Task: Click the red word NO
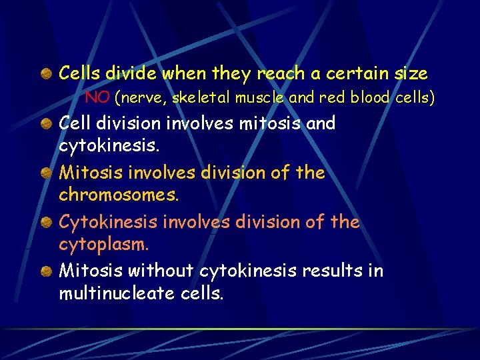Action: (x=97, y=98)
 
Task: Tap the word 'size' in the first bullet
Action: (x=410, y=73)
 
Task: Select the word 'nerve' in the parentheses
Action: (x=143, y=98)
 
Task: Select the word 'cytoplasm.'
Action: (x=104, y=245)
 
